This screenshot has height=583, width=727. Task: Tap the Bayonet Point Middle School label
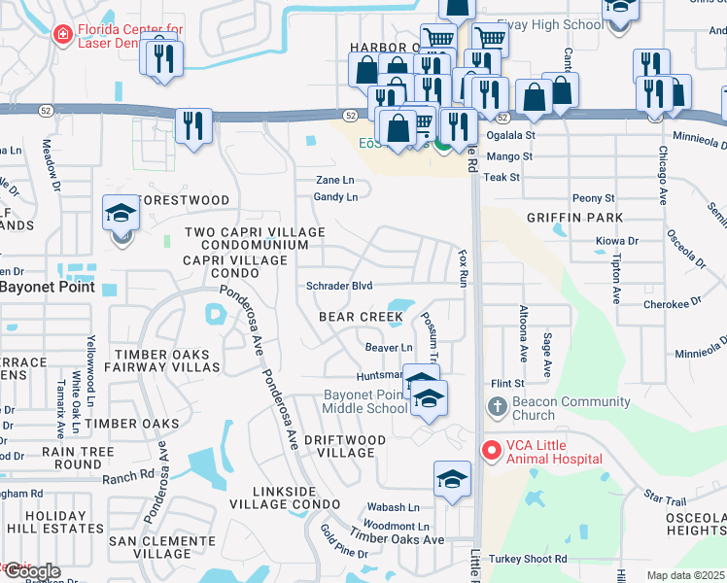tap(365, 402)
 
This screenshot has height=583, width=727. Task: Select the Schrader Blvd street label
tap(339, 286)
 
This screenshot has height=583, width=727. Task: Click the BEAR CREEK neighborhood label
tap(361, 317)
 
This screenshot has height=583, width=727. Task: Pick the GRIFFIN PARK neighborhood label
tap(573, 218)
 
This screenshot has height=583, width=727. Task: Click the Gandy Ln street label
tap(335, 197)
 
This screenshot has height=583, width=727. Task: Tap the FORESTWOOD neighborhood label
tap(185, 200)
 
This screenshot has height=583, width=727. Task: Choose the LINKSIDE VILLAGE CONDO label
tap(285, 497)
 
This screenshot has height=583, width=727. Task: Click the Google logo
tap(31, 572)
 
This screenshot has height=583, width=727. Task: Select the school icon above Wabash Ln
tap(452, 478)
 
